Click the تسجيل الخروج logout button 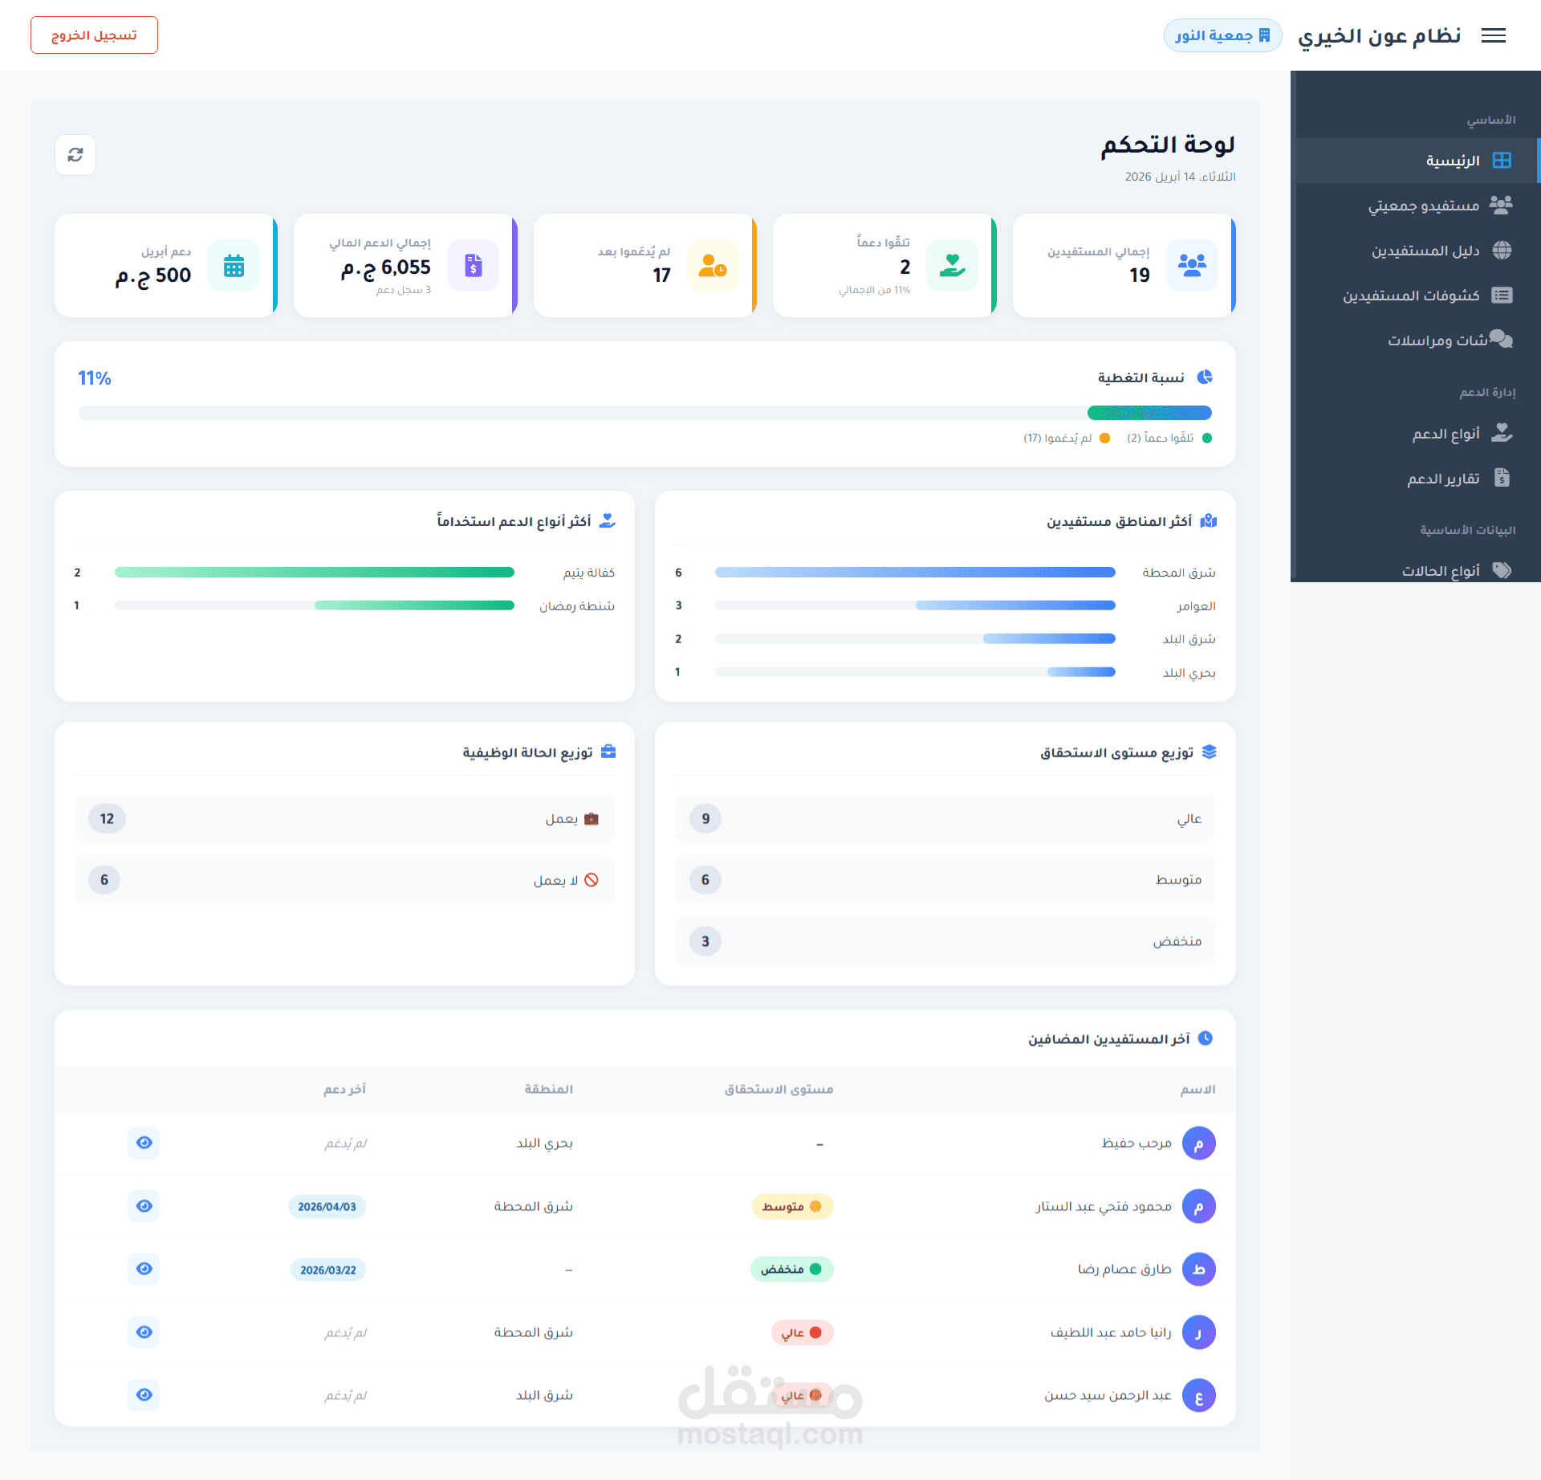pyautogui.click(x=94, y=35)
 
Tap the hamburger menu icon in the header pyautogui.click(x=1493, y=35)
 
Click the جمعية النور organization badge pyautogui.click(x=1222, y=35)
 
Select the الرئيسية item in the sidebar pyautogui.click(x=1452, y=161)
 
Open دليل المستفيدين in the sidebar pyautogui.click(x=1425, y=251)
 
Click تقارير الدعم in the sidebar pyautogui.click(x=1442, y=479)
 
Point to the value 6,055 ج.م pyautogui.click(x=386, y=267)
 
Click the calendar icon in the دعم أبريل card pyautogui.click(x=234, y=266)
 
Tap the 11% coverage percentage pyautogui.click(x=95, y=378)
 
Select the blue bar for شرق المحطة pyautogui.click(x=915, y=573)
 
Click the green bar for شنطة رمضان pyautogui.click(x=414, y=605)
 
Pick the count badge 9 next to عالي pyautogui.click(x=705, y=818)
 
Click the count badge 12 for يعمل pyautogui.click(x=107, y=818)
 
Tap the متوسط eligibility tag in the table pyautogui.click(x=791, y=1206)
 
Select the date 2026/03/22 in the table pyautogui.click(x=327, y=1270)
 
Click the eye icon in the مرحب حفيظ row pyautogui.click(x=144, y=1143)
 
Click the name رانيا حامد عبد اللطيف pyautogui.click(x=1110, y=1332)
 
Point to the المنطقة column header pyautogui.click(x=548, y=1089)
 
